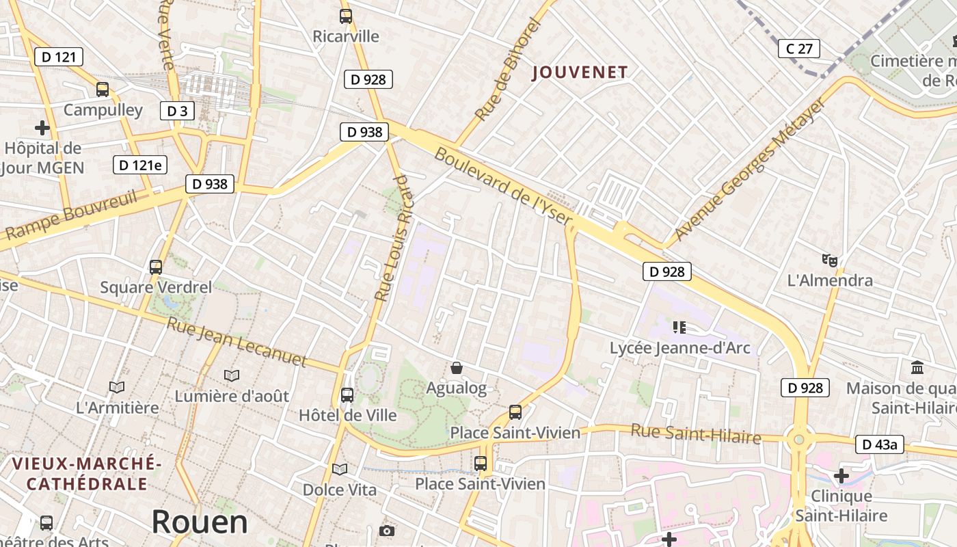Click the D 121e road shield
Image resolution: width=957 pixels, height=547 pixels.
[140, 165]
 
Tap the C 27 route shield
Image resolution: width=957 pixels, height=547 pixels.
[798, 49]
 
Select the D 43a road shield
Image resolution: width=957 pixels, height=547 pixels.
[880, 444]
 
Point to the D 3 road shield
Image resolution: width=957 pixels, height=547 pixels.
[177, 111]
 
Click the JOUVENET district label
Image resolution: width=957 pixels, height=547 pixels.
[580, 72]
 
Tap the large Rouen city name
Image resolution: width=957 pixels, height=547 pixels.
[200, 522]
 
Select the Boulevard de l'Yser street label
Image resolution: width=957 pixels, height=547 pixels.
[503, 186]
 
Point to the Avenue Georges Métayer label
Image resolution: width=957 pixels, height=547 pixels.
[749, 170]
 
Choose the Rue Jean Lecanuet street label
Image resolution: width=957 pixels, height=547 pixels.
[237, 341]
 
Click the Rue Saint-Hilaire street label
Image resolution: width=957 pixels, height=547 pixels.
[696, 433]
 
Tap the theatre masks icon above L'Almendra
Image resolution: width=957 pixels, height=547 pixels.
[830, 260]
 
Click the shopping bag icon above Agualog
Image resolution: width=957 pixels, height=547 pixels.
[457, 368]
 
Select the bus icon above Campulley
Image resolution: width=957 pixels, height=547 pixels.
[103, 89]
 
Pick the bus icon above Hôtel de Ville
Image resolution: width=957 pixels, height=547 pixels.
[347, 395]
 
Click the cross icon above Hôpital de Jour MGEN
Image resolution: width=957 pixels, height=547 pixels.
[42, 128]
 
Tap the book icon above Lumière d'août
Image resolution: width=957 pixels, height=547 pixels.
[232, 375]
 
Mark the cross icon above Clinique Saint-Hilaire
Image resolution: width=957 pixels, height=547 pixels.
[841, 475]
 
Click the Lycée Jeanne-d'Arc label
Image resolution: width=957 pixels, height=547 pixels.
[679, 348]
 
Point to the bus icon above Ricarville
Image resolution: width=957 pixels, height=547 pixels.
[346, 16]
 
